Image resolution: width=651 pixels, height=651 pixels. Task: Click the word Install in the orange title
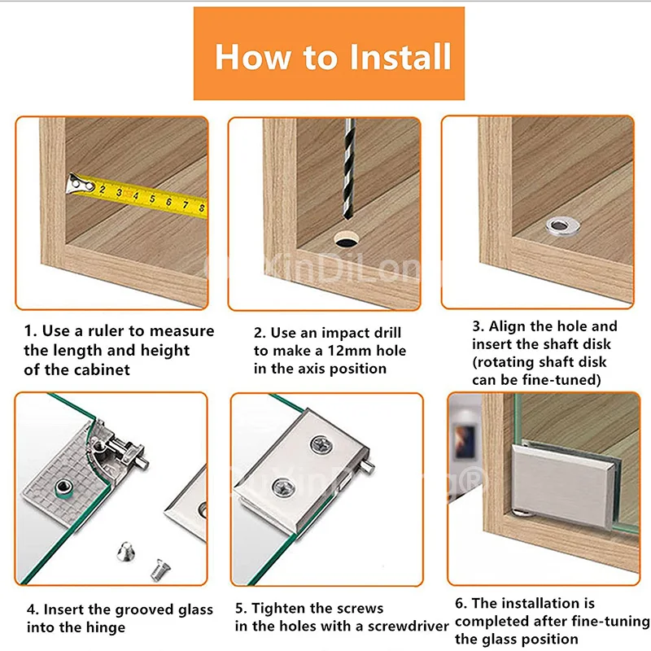(x=400, y=56)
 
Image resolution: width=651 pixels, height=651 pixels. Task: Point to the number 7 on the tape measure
(x=186, y=204)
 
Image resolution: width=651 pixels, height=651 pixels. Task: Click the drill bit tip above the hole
(x=347, y=215)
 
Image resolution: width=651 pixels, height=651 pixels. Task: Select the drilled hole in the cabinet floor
(x=347, y=239)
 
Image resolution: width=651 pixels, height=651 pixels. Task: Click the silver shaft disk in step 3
(x=562, y=227)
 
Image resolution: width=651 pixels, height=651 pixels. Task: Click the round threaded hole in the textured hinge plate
(x=63, y=487)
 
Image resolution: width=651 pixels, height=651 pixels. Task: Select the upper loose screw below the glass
(x=126, y=552)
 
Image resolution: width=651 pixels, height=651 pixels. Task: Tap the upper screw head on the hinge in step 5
(x=321, y=444)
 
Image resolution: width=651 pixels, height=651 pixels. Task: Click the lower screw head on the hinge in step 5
(x=284, y=487)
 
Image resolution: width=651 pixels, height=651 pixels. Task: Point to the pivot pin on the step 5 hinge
(x=368, y=465)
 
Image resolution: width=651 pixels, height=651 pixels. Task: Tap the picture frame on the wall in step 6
(x=465, y=442)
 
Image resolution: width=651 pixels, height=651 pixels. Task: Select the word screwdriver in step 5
(x=409, y=626)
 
